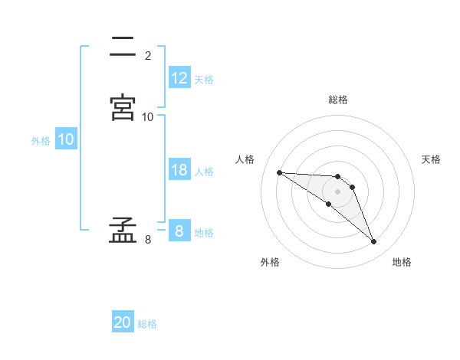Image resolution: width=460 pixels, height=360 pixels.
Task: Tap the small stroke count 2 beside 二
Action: point(147,56)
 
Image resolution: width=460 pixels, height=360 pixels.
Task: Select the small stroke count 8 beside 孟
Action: point(147,240)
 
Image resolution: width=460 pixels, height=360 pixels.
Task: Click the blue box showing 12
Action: point(179,78)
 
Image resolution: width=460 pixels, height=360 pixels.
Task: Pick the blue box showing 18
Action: point(179,170)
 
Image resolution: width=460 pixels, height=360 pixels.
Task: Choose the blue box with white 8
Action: point(179,231)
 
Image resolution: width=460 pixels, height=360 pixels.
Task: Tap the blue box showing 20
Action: point(123,323)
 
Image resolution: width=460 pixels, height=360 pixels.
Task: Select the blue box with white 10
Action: point(66,140)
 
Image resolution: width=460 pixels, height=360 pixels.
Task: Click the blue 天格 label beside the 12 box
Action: point(204,80)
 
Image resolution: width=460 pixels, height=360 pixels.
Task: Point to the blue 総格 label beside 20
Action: point(147,325)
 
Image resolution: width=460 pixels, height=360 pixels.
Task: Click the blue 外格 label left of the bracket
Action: point(41,141)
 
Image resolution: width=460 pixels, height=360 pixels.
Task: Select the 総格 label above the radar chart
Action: point(338,100)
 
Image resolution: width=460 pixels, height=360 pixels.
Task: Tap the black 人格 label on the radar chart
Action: point(245,159)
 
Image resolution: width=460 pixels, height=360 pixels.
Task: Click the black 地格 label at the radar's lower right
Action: point(402,262)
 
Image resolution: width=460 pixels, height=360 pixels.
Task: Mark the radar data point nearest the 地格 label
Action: point(373,242)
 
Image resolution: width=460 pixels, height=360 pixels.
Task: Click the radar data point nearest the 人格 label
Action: point(279,172)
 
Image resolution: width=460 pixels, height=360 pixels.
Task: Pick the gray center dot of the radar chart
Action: point(338,191)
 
